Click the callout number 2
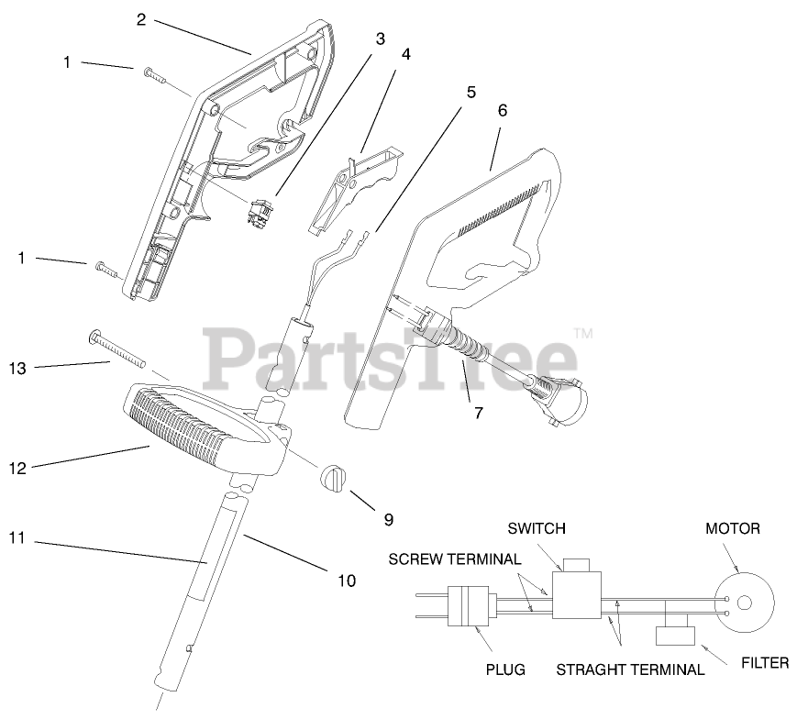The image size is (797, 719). tap(140, 19)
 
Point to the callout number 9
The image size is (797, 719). tap(388, 519)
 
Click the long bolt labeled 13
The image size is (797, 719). tap(121, 349)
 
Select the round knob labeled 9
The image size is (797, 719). tap(335, 478)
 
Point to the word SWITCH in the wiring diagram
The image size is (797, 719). tap(537, 528)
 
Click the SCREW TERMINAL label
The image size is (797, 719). tap(455, 559)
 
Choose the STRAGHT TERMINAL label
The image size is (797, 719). tap(630, 669)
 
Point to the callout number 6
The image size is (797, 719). tap(502, 110)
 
